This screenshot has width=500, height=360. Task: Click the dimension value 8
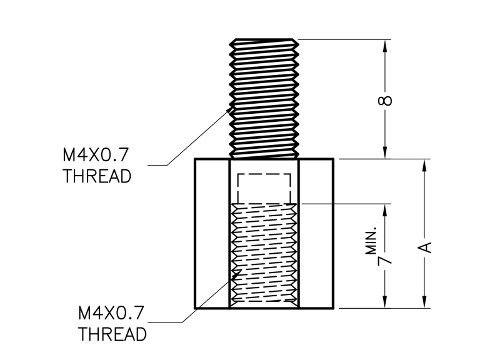[x=387, y=100]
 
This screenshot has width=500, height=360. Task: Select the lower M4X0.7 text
[x=112, y=311]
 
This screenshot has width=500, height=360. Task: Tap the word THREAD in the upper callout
[x=97, y=176]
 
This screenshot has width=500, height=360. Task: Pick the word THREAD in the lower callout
[x=113, y=333]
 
